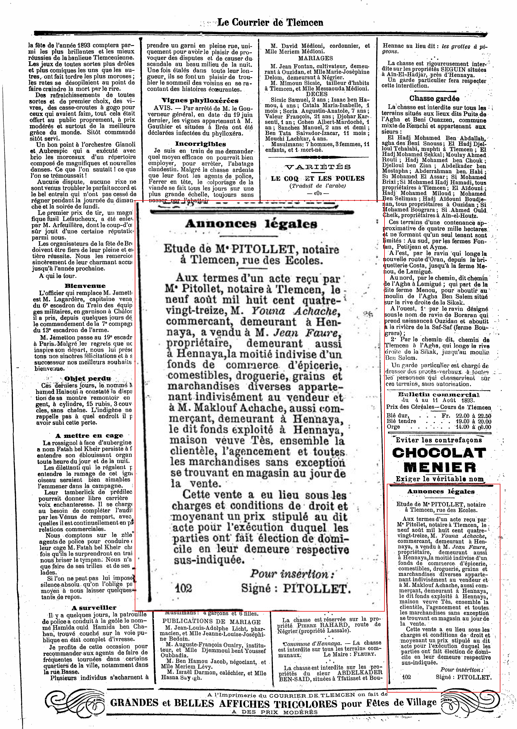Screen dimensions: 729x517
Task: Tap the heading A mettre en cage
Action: point(89,436)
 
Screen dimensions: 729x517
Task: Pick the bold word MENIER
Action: point(440,468)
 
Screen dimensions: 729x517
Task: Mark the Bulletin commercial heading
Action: point(439,395)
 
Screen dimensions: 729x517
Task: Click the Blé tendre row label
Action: point(401,421)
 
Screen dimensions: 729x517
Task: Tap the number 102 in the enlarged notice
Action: point(183,588)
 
